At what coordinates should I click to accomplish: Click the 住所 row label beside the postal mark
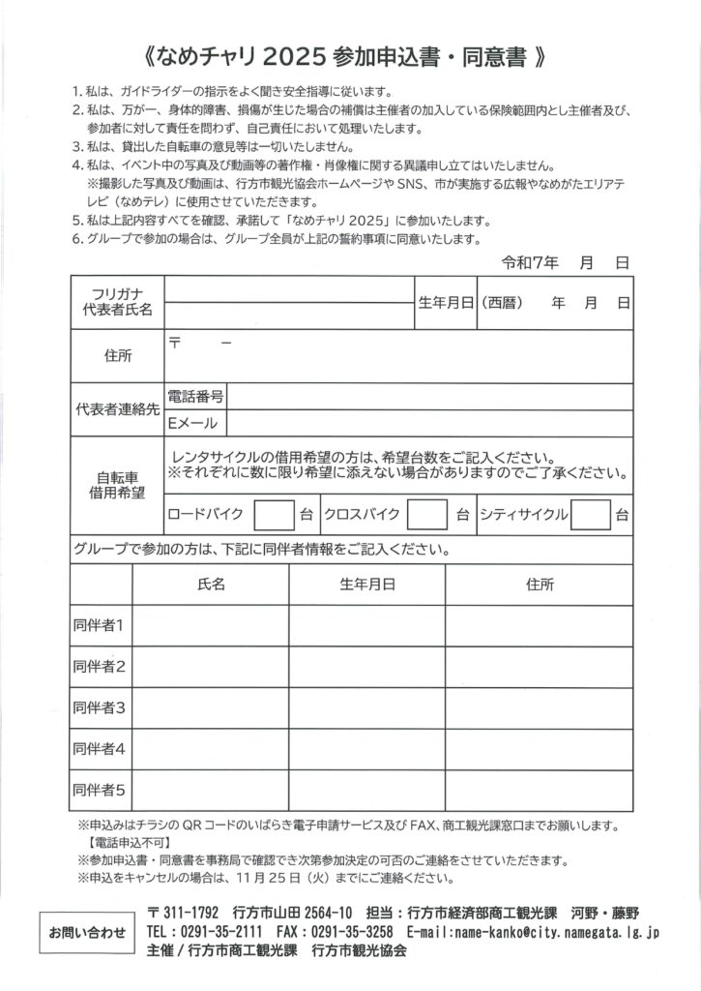(118, 356)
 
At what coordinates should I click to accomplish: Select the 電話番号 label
(196, 396)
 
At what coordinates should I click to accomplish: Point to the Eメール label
(192, 423)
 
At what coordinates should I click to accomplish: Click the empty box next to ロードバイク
(274, 513)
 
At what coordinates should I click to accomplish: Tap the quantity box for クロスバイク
(426, 513)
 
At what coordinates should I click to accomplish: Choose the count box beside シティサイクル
(590, 513)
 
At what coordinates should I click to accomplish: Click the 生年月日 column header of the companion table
(366, 585)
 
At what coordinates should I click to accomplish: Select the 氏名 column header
(211, 585)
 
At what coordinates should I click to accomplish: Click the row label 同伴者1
(101, 625)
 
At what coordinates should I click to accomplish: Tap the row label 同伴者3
(101, 707)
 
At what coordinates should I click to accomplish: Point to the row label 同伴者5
(101, 790)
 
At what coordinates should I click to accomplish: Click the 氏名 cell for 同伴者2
(211, 666)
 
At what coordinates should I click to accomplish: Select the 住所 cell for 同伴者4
(540, 748)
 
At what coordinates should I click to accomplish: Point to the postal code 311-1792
(189, 913)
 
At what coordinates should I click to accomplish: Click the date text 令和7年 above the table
(529, 262)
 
